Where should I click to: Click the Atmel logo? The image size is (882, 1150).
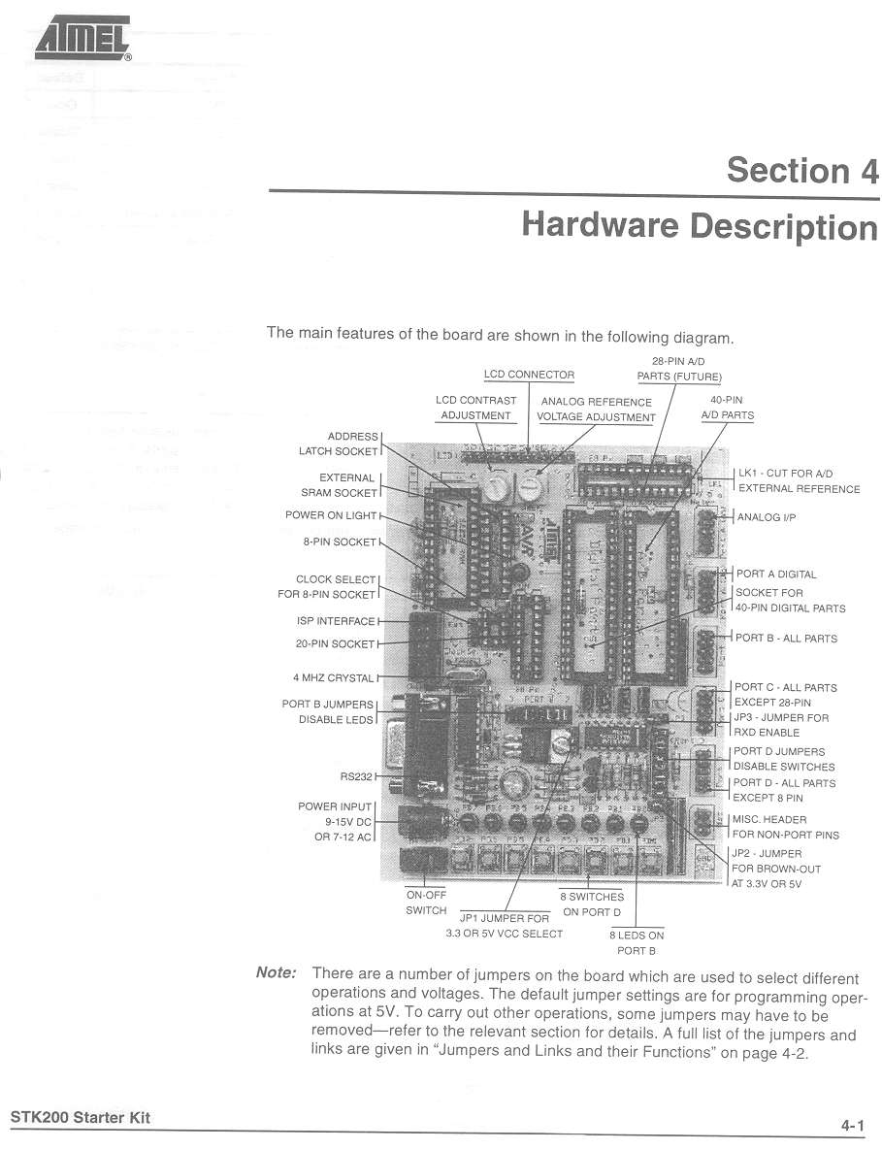[x=82, y=41]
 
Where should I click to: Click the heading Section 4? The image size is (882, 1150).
[x=802, y=171]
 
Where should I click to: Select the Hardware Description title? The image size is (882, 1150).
[x=700, y=225]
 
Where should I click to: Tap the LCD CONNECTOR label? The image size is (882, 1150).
[x=529, y=375]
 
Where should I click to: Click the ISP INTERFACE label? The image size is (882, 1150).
[x=336, y=621]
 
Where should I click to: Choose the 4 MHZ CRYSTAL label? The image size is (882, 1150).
[x=333, y=677]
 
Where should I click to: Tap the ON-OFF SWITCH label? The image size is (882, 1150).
[x=426, y=903]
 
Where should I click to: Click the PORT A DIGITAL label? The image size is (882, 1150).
[x=775, y=574]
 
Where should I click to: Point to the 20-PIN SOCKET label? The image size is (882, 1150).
[x=335, y=643]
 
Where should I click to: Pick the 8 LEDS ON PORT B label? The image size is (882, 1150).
[x=637, y=942]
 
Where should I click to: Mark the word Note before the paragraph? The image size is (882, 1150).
[x=276, y=972]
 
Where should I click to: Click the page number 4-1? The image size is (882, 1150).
[x=852, y=1126]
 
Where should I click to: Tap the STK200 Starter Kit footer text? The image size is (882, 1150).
[x=81, y=1117]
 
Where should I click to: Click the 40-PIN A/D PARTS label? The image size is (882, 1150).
[x=727, y=408]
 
